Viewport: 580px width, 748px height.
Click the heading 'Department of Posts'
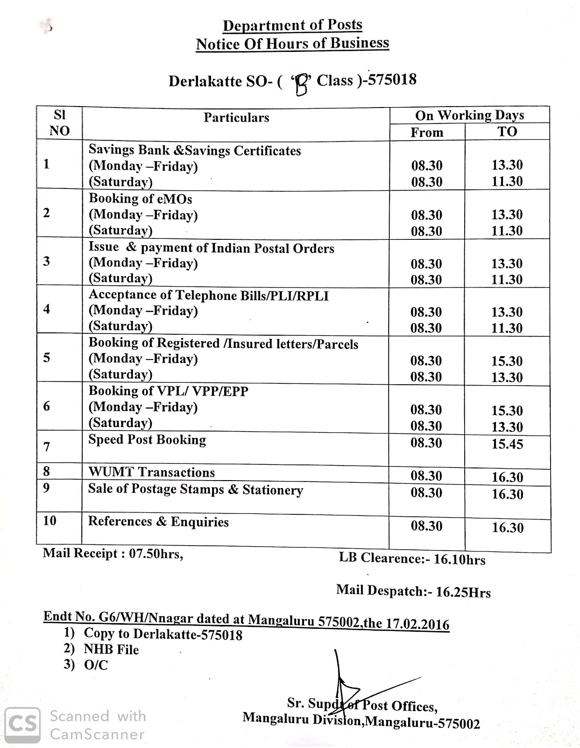[x=292, y=25]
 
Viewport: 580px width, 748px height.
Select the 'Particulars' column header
[x=236, y=117]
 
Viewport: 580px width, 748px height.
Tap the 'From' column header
[x=427, y=133]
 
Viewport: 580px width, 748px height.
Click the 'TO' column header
[x=507, y=132]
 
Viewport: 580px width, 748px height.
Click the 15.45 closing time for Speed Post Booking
[x=507, y=444]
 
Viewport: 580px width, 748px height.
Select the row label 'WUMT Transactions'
[x=152, y=472]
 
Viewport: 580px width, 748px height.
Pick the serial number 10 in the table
[x=50, y=520]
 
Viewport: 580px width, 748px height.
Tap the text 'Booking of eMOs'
[x=141, y=199]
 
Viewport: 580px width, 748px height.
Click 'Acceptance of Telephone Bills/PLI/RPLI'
[x=209, y=295]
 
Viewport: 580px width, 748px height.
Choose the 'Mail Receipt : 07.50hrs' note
[x=113, y=554]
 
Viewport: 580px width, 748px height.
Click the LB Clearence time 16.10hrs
[x=460, y=560]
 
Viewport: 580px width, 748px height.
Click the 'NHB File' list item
[x=111, y=649]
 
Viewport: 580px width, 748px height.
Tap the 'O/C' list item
[x=96, y=665]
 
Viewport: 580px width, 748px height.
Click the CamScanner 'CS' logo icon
[x=22, y=724]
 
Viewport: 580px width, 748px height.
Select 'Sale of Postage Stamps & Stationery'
[x=196, y=489]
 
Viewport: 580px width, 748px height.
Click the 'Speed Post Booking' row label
[x=147, y=440]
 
